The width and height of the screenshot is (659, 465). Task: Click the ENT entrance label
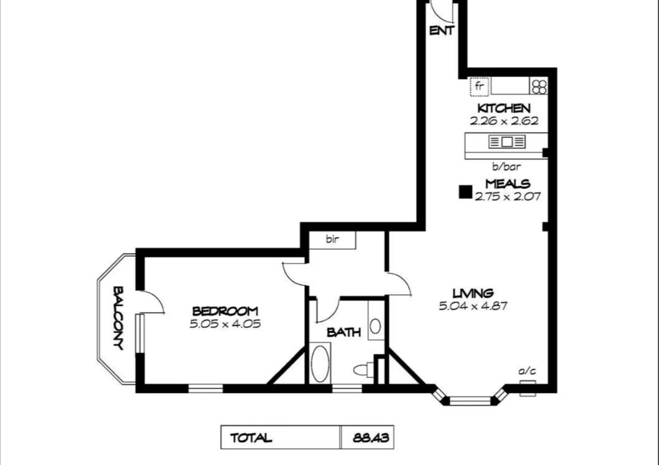442,31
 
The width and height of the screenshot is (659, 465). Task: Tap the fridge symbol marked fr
479,86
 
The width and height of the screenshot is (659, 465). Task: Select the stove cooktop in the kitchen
539,86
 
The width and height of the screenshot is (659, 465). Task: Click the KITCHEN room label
504,108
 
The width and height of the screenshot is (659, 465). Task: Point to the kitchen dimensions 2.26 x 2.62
504,121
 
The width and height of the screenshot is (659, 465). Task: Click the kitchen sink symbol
507,142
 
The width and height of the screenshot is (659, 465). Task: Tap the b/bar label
506,167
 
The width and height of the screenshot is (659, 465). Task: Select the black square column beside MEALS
465,192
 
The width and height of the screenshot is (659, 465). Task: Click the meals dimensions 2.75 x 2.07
507,197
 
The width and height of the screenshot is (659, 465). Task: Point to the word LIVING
473,294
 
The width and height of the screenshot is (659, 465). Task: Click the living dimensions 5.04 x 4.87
473,306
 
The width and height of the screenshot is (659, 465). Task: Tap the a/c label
527,371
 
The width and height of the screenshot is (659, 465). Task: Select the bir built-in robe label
332,239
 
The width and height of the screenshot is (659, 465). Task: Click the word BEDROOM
225,311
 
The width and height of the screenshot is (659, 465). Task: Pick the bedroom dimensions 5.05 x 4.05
225,324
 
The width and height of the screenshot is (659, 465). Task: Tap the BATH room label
343,332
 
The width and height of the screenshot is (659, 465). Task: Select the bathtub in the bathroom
320,364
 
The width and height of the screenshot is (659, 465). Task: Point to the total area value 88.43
371,438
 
